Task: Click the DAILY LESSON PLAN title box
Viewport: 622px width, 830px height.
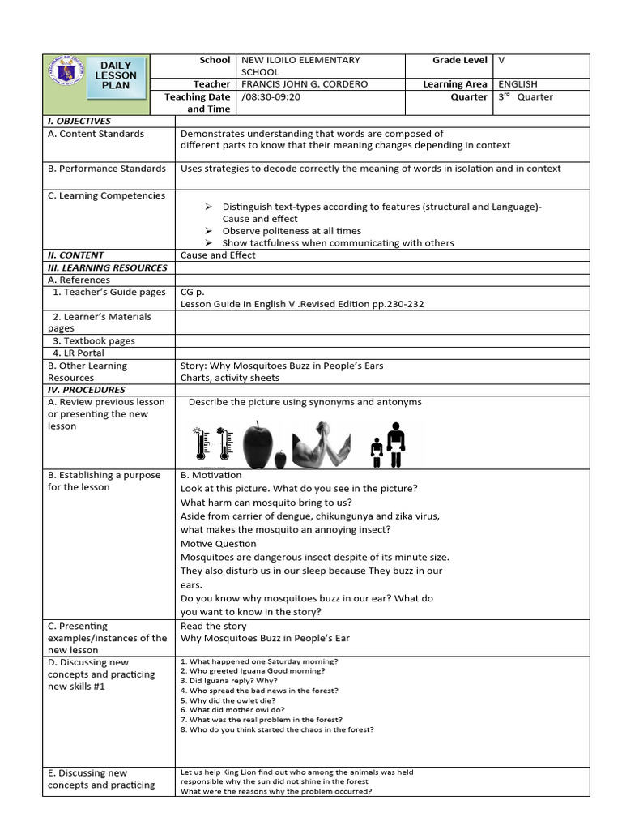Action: point(118,75)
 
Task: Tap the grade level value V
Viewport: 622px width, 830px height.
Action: point(501,60)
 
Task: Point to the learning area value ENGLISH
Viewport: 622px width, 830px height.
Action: point(518,84)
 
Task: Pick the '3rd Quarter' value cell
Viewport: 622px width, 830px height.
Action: point(526,96)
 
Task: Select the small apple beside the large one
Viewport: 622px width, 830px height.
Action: point(280,460)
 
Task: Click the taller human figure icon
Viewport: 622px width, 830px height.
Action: point(395,443)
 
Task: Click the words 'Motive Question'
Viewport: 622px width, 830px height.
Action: point(219,544)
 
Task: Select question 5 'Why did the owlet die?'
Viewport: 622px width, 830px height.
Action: point(228,700)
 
